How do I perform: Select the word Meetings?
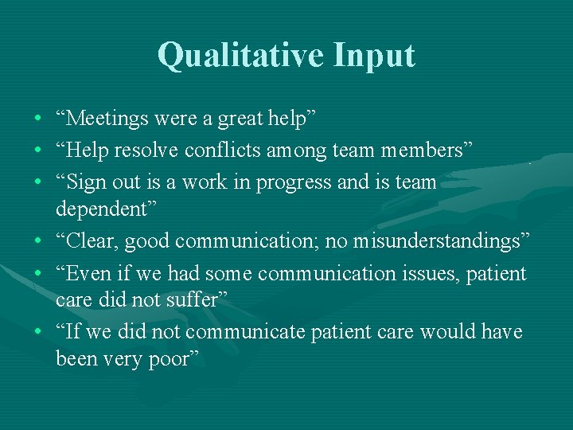pos(103,119)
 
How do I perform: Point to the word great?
pos(240,119)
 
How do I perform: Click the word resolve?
pos(148,150)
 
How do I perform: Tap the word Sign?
pos(84,182)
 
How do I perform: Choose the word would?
pos(448,331)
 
